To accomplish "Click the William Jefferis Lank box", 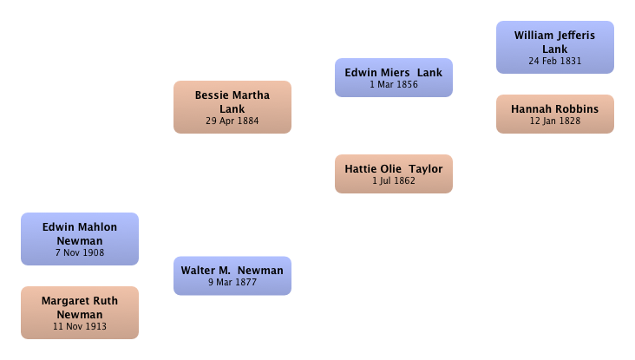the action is [555, 48].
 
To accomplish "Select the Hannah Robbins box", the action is [555, 115].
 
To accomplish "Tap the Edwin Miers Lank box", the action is [394, 78].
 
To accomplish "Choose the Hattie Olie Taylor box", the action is [394, 173].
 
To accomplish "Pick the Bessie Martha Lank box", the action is [232, 107].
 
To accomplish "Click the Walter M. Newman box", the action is [232, 276].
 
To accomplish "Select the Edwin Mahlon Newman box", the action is [80, 239].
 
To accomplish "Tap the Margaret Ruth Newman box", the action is [80, 312].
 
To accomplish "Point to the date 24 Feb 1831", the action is [555, 61].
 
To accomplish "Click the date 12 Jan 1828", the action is [555, 121].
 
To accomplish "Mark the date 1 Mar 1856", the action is [394, 85].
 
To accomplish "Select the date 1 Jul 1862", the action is [394, 181].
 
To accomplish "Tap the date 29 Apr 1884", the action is [232, 121].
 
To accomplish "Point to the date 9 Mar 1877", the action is [232, 282].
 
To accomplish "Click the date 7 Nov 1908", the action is [80, 252].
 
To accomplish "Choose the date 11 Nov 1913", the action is [80, 326].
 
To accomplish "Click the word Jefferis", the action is [574, 36].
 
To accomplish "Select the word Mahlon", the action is [98, 227].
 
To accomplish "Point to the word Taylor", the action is [426, 169].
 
